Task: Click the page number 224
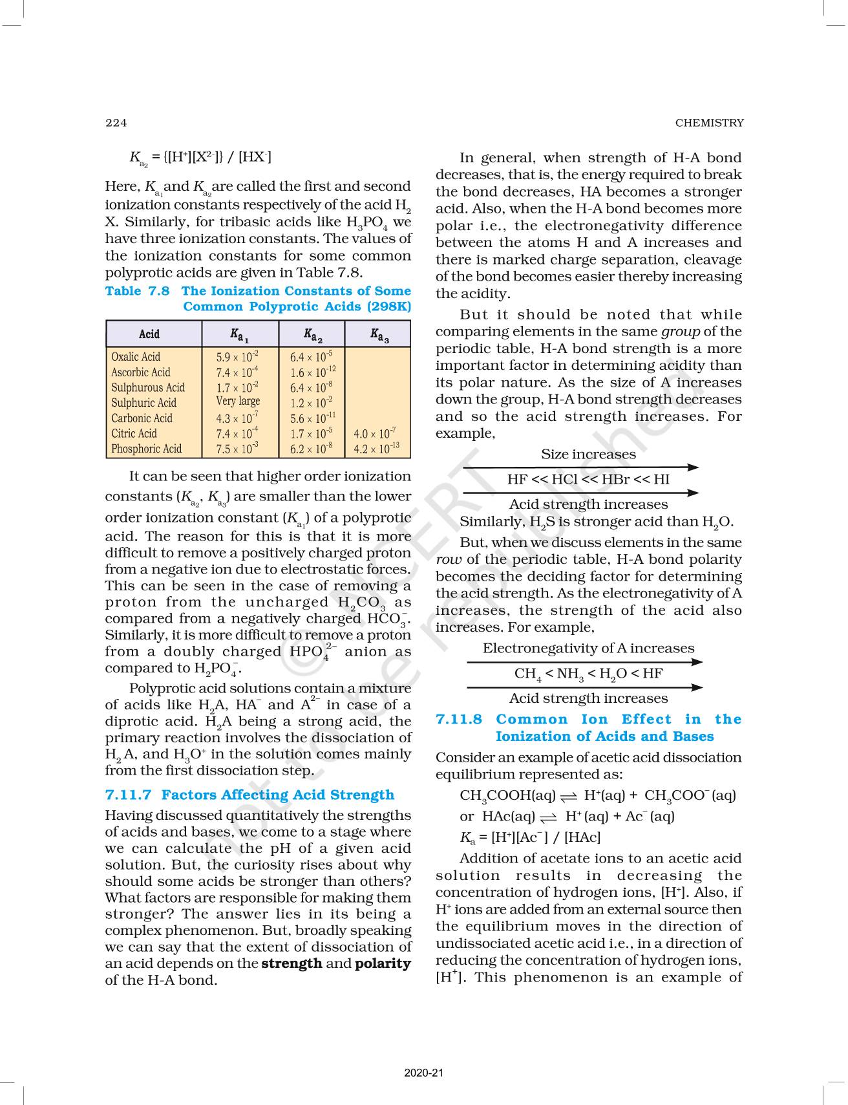116,123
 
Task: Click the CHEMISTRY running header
709,123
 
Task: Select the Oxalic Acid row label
136,357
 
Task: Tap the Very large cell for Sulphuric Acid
238,402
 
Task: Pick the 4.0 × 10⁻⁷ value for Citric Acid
375,434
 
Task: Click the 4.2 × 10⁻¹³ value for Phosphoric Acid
376,449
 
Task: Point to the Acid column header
149,334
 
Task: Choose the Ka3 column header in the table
379,335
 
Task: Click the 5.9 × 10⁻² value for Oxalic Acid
237,357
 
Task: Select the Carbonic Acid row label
142,418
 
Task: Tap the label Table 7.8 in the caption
137,291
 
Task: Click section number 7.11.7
128,795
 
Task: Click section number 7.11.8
459,720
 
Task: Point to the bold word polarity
383,963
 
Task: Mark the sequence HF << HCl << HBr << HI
588,480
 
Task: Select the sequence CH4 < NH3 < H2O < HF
588,674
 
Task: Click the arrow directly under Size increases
581,467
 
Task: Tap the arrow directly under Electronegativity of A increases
584,662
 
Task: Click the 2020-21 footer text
424,1073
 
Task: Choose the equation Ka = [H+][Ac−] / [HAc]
530,837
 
